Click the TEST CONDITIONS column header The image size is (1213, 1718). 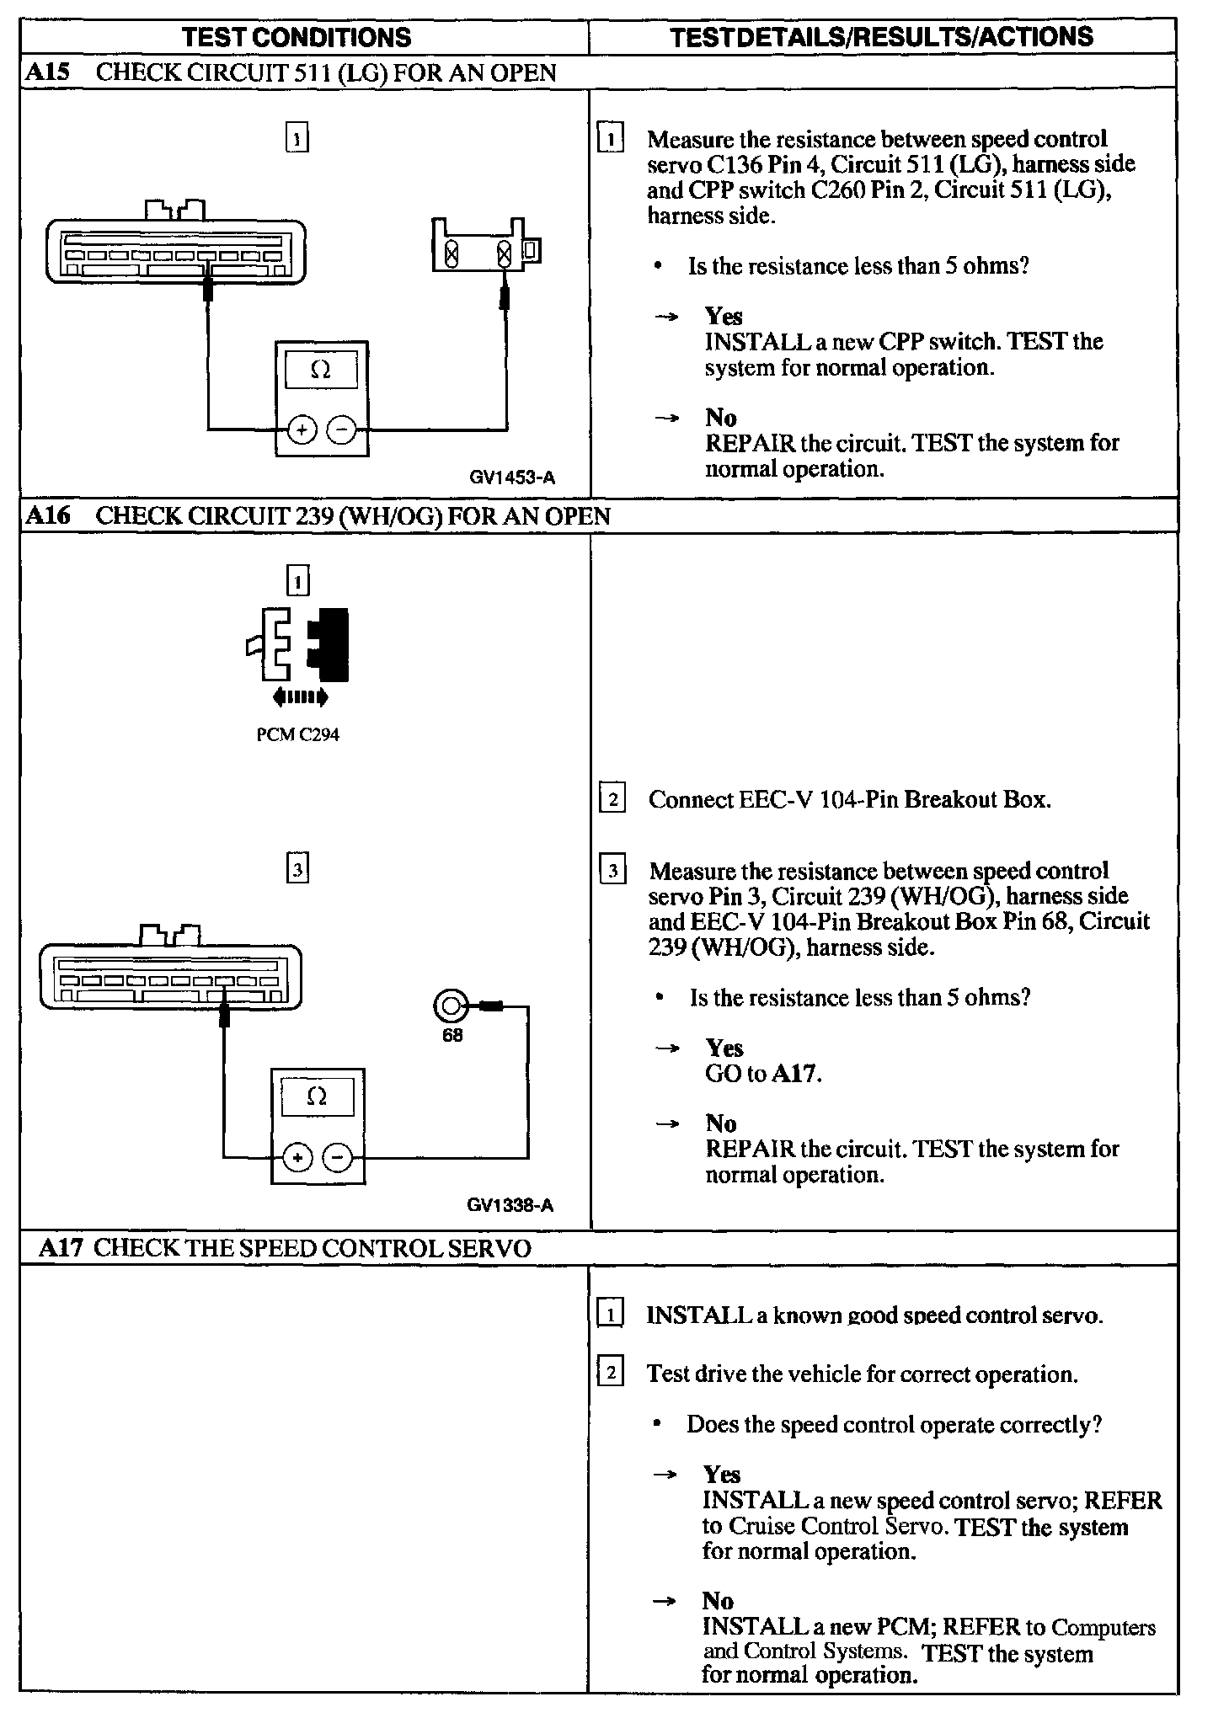tap(297, 37)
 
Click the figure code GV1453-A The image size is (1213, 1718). tap(512, 478)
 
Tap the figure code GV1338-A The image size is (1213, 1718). tap(510, 1206)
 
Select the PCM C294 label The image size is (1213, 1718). tap(297, 735)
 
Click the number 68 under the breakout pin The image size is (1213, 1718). tap(452, 1035)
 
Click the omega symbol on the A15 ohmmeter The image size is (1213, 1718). tap(321, 370)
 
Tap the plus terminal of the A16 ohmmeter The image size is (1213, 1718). tap(297, 1158)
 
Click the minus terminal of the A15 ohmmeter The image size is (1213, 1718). tap(341, 430)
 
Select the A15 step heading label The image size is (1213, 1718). tap(46, 72)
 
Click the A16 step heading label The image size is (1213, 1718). tap(47, 515)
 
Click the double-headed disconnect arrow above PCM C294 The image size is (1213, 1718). tap(300, 696)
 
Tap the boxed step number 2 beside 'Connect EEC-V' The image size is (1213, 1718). tap(612, 798)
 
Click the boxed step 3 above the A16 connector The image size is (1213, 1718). tap(297, 868)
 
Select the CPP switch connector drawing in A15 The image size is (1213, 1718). tap(485, 246)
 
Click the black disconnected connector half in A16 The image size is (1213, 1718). tap(330, 644)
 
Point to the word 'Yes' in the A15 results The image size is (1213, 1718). tap(724, 317)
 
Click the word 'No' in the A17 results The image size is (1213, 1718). tap(718, 1601)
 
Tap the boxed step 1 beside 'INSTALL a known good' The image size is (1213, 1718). tap(610, 1314)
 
